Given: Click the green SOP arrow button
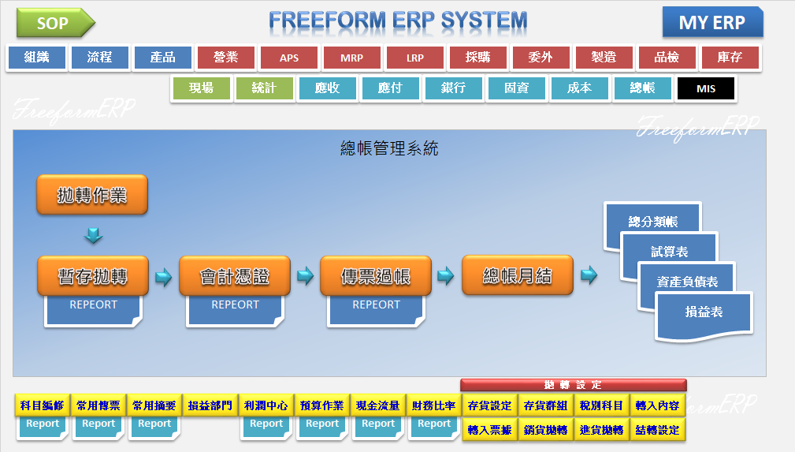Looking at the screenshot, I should click(x=54, y=24).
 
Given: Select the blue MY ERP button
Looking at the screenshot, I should click(x=712, y=23).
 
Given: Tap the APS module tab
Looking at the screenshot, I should click(x=289, y=58).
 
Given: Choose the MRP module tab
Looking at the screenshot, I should click(x=352, y=58).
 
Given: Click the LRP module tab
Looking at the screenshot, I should click(x=415, y=58).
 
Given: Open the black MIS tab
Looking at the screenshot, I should click(x=706, y=88).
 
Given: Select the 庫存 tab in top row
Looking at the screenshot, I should click(x=730, y=58).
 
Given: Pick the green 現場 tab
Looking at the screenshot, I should click(x=201, y=88).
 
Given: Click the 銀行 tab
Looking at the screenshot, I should click(x=453, y=88).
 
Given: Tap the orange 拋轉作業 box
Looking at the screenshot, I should click(x=92, y=195).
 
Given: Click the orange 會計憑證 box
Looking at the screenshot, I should click(x=235, y=276).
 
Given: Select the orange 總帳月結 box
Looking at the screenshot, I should click(x=518, y=275).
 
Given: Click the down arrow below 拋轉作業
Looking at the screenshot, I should click(x=94, y=235).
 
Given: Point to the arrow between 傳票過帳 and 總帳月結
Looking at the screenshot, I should click(x=446, y=276).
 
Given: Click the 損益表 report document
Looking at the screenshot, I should click(x=703, y=312).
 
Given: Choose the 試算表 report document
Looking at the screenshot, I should click(x=670, y=252).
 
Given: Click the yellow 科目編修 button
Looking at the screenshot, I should click(x=43, y=405).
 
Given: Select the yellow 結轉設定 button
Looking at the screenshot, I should click(x=657, y=430).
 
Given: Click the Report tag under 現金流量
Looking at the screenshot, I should click(x=378, y=424).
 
